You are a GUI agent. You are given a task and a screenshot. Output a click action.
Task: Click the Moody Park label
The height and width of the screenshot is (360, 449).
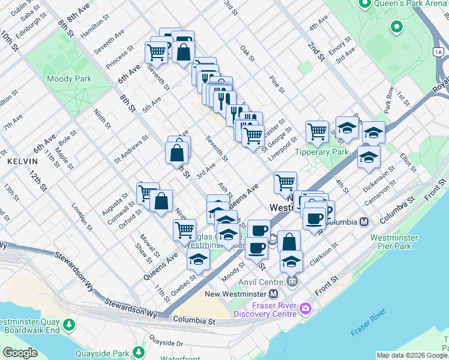coord(68,79)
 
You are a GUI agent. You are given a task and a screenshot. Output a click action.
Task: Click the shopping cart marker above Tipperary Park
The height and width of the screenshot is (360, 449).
coord(317,131)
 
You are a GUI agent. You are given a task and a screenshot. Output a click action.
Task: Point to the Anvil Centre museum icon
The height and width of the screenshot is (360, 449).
coord(292,281)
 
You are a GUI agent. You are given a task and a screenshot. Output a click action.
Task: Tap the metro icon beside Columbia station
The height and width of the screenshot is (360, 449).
coord(363,222)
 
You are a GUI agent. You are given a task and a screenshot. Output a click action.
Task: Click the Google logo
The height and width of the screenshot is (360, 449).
coord(20,353)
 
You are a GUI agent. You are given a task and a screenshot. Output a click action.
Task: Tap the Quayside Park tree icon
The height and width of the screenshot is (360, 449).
coord(139,352)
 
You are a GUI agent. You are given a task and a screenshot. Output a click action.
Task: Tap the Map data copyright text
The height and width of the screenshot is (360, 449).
coord(412,355)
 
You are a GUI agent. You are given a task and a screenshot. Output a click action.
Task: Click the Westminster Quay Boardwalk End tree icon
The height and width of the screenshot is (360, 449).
coord(70,325)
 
